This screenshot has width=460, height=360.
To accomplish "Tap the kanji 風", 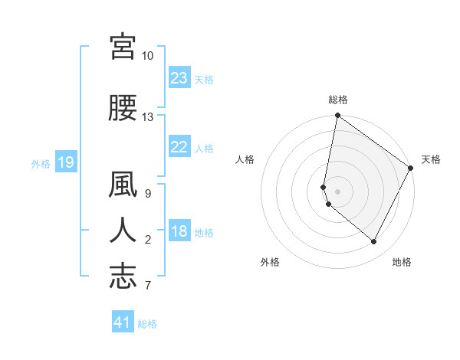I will pyautogui.click(x=123, y=186).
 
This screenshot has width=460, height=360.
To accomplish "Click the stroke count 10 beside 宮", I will pyautogui.click(x=148, y=56).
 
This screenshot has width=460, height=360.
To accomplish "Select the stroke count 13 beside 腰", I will pyautogui.click(x=148, y=117).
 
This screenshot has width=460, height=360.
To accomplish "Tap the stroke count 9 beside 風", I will pyautogui.click(x=148, y=194).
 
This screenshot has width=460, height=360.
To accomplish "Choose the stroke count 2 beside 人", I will pyautogui.click(x=148, y=240).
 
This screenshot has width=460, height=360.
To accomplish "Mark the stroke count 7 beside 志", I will pyautogui.click(x=148, y=286).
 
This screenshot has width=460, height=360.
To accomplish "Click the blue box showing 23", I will pyautogui.click(x=179, y=78).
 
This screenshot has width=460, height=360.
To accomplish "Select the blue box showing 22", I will pyautogui.click(x=179, y=148).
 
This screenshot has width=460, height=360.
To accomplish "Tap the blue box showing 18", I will pyautogui.click(x=179, y=232).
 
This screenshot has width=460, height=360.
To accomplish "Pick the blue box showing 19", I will pyautogui.click(x=65, y=162).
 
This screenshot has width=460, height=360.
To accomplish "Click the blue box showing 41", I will pyautogui.click(x=123, y=322).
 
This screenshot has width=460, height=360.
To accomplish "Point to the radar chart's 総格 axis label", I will pyautogui.click(x=337, y=100).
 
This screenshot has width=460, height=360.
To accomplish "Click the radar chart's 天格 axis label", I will pyautogui.click(x=431, y=159).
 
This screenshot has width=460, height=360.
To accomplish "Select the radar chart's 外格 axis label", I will pyautogui.click(x=270, y=263).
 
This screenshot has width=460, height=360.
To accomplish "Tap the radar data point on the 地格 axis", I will pyautogui.click(x=374, y=242).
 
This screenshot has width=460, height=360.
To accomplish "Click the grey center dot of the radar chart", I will pyautogui.click(x=337, y=191).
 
